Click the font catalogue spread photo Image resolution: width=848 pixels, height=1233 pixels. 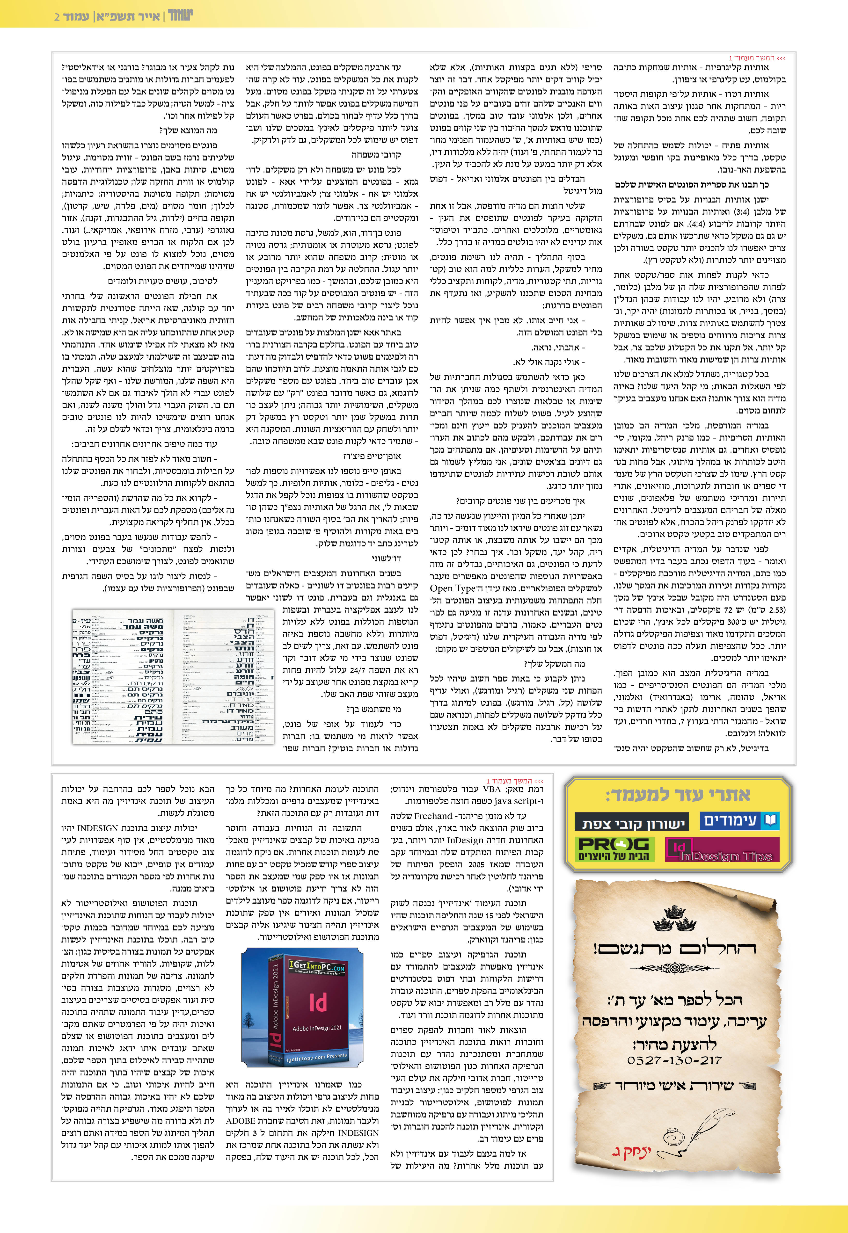173,676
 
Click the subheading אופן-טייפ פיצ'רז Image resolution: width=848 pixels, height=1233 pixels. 372,456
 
